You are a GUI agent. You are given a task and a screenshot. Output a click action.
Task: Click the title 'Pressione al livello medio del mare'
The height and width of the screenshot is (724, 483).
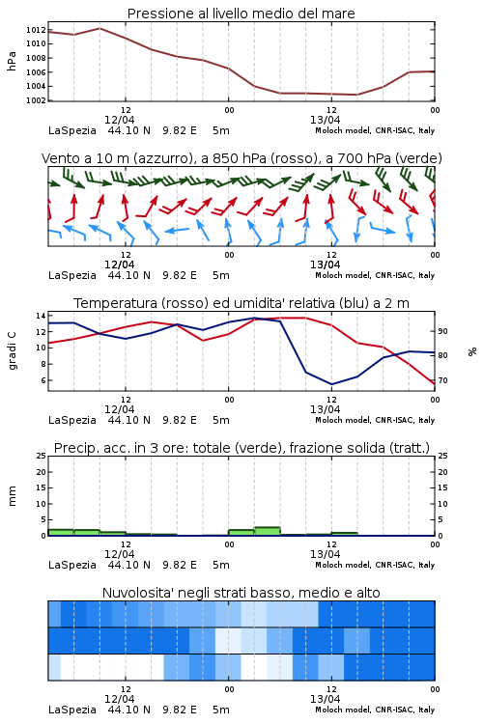point(241,14)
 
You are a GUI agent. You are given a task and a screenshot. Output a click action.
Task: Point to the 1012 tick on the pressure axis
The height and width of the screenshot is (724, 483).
point(36,30)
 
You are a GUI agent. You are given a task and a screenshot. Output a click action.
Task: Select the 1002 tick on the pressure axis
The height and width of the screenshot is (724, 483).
point(36,100)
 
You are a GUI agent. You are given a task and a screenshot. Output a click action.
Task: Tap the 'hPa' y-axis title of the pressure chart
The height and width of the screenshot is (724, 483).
point(12,61)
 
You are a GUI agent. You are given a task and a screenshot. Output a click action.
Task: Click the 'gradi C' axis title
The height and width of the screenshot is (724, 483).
point(12,350)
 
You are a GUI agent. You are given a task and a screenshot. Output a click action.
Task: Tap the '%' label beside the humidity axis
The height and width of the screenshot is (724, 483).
point(472,351)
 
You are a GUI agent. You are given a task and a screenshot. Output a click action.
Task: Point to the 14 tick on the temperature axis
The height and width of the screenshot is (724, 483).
point(41,316)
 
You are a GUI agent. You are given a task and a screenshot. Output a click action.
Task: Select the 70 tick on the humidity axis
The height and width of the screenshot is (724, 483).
point(442,380)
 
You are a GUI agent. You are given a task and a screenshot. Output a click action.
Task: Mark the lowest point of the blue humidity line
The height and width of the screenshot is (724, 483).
point(332,384)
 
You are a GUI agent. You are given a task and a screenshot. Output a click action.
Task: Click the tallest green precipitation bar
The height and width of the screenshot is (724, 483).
point(268,531)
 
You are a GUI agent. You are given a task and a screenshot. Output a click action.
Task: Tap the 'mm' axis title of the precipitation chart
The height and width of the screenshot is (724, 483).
point(12,496)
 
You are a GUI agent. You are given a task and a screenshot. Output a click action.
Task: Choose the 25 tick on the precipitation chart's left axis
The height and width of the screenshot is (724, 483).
point(41,456)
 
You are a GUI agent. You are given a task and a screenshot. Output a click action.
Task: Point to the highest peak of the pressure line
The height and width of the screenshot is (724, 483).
point(99,28)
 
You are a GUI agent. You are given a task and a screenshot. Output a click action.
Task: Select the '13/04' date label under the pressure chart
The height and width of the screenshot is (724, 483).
point(325,120)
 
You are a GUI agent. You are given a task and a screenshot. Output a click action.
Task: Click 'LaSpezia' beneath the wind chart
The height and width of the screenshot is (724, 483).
point(72,276)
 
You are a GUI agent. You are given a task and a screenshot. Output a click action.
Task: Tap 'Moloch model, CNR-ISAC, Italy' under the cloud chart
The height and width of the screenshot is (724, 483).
point(375,710)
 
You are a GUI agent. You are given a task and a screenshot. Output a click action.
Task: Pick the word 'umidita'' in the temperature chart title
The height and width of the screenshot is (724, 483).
point(287,303)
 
